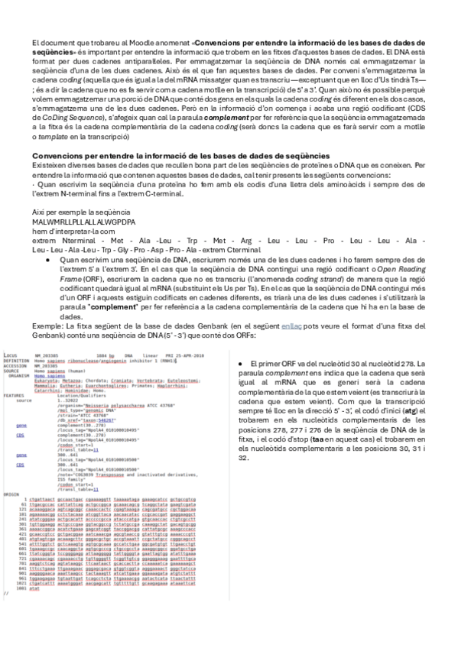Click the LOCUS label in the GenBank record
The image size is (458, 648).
11,335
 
